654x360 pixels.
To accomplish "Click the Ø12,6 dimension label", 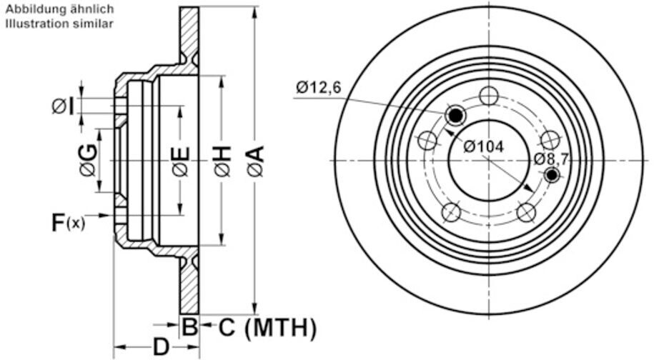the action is coord(319,88).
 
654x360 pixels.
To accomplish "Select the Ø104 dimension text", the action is coord(483,146).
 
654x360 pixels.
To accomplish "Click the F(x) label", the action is coord(68,222).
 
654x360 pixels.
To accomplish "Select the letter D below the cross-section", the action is coord(162,347).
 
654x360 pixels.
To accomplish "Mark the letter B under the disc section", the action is coord(189,328).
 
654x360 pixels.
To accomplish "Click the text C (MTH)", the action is coord(267,328).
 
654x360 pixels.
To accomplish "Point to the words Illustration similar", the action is coord(59,24).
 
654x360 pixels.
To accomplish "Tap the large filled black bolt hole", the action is coord(455,114).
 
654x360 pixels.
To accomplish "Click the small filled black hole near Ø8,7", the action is coord(551,175).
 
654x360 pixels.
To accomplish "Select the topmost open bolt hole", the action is coord(489,95).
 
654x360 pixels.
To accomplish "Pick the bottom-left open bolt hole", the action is coord(451,211).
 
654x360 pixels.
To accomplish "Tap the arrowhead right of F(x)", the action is coord(108,215).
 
